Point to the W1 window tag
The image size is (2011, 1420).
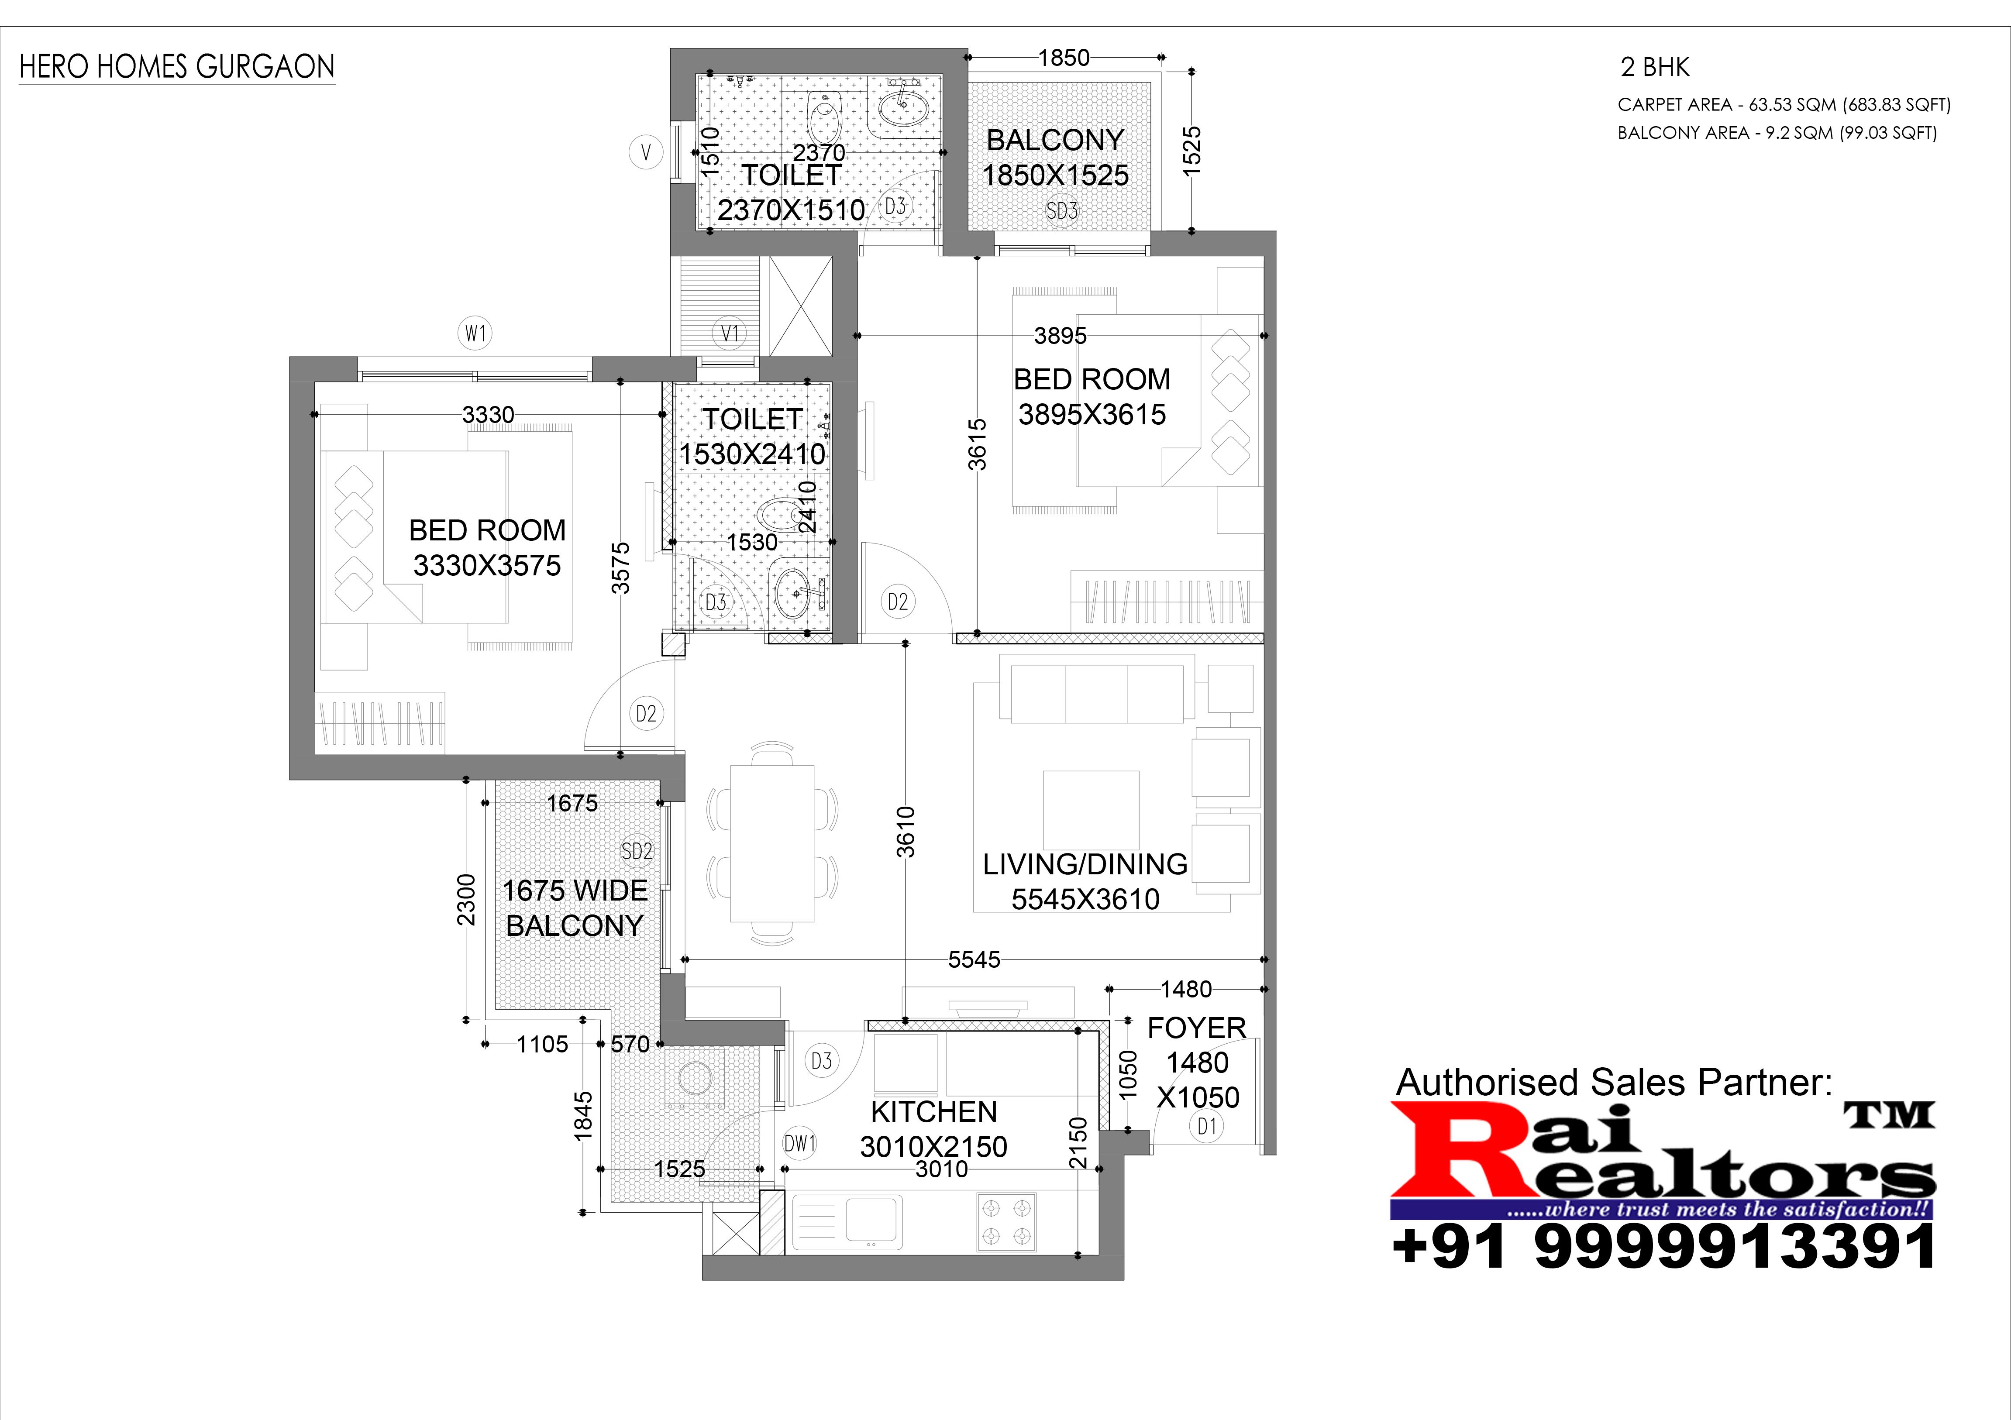(475, 334)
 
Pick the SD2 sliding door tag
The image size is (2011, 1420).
(637, 851)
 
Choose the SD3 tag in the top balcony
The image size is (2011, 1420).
(1061, 211)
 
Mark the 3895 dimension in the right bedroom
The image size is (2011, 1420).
(1060, 335)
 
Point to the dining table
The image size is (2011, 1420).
(771, 843)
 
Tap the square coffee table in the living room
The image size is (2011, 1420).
(1091, 810)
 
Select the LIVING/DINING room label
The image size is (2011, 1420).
(1085, 864)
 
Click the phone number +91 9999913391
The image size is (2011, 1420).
(1664, 1247)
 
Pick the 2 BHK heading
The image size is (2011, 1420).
(1655, 67)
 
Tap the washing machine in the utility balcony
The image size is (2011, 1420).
(694, 1080)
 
